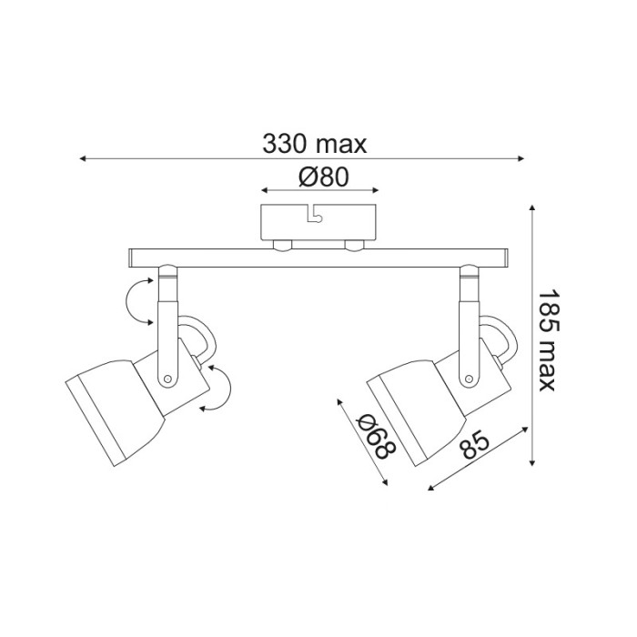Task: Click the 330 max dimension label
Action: pyautogui.click(x=314, y=143)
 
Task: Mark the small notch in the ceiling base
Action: pyautogui.click(x=314, y=215)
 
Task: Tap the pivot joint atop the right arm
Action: pyautogui.click(x=468, y=271)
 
